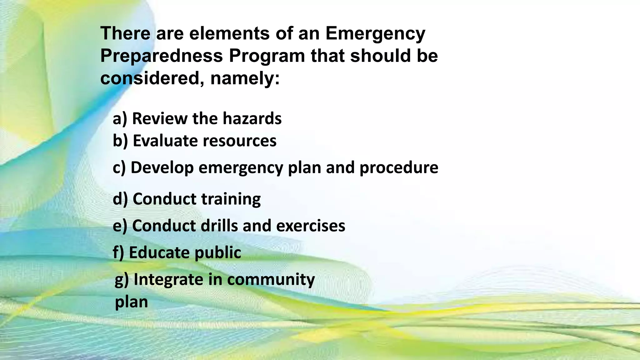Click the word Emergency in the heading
tap(375, 34)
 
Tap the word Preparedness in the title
tap(162, 56)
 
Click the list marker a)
tap(120, 119)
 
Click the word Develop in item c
tap(162, 168)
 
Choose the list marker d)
tap(120, 199)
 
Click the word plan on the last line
tap(132, 302)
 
